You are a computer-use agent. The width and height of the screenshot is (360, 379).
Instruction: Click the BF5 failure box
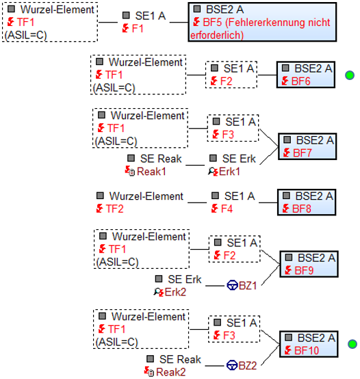tap(262, 23)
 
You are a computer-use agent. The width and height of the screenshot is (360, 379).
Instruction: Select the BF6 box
tap(306, 75)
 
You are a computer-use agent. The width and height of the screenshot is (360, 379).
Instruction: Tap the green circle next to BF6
tap(350, 75)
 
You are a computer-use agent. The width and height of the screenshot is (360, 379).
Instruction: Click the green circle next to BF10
tap(352, 344)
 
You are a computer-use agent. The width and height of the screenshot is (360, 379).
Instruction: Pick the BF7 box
tap(307, 146)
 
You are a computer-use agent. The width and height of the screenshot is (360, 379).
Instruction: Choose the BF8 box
tap(307, 202)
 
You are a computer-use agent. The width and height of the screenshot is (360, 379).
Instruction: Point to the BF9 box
tap(309, 264)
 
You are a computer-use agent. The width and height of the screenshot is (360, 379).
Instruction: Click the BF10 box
tap(309, 344)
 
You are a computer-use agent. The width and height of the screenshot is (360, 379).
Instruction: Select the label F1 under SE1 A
tap(138, 29)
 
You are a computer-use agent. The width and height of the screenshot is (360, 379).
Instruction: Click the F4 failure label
tap(227, 209)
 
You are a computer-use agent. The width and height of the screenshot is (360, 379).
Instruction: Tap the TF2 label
tap(114, 209)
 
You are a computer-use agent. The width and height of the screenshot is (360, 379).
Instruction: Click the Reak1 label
tap(151, 172)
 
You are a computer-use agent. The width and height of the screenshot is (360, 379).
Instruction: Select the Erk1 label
tap(229, 172)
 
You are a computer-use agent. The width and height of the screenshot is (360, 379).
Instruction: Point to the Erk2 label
tap(175, 292)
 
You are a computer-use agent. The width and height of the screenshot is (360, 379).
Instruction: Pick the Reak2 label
tap(171, 372)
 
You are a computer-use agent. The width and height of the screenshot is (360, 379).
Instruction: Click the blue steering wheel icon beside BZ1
tap(232, 285)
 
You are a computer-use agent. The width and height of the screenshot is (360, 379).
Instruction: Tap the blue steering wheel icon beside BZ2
tap(232, 365)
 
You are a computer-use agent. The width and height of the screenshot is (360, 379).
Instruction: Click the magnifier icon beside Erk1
tap(211, 171)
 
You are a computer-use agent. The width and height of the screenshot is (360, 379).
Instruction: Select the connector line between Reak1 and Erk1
tap(195, 166)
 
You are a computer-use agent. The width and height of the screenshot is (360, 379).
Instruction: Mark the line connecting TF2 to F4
tap(197, 202)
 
